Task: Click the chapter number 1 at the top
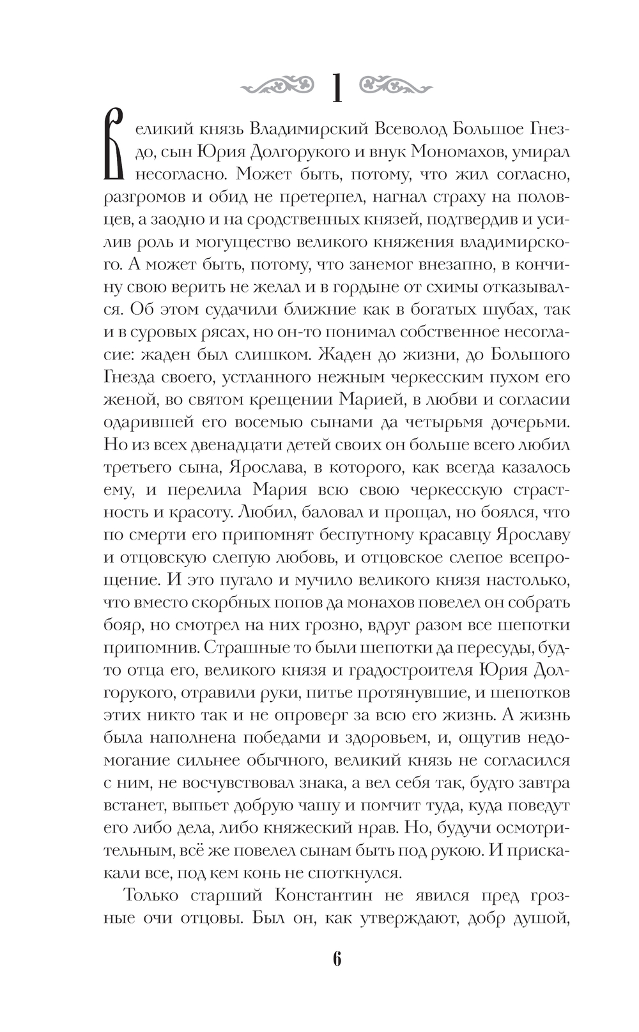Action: pos(337,88)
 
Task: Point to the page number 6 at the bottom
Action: pos(337,959)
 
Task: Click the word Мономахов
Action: pos(464,152)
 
